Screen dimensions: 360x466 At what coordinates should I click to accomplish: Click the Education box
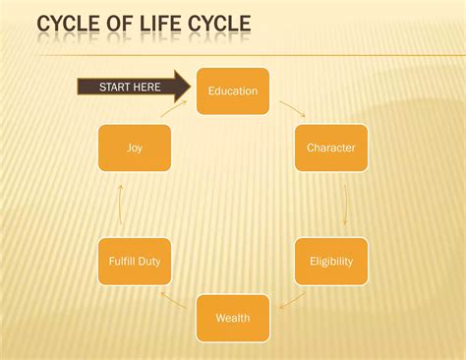[233, 91]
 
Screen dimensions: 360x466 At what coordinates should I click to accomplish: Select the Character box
[331, 148]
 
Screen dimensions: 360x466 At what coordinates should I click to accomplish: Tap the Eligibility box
[331, 262]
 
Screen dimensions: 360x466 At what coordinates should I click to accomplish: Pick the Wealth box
[233, 318]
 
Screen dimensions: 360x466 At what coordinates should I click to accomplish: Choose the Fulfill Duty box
[135, 262]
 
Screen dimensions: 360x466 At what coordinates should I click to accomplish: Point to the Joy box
[135, 148]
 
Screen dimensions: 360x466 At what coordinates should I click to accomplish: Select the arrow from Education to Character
[292, 108]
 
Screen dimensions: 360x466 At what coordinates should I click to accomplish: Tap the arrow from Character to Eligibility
[345, 205]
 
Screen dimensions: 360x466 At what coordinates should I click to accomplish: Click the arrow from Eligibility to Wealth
[292, 300]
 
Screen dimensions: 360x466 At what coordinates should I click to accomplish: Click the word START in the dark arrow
[113, 88]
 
